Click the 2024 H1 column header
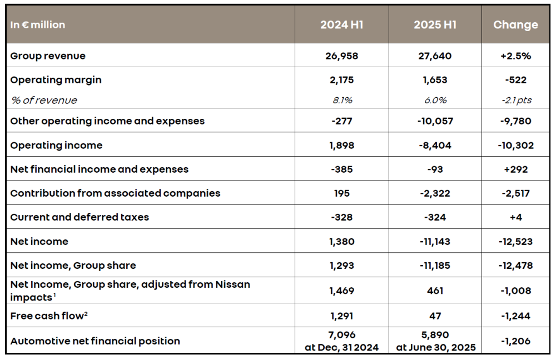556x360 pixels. click(341, 25)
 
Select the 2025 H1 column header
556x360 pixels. click(435, 25)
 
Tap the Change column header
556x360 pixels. click(515, 25)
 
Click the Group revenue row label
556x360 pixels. click(48, 56)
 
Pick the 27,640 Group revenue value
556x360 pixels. click(435, 56)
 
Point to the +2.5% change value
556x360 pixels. click(515, 56)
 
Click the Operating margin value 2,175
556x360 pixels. click(341, 80)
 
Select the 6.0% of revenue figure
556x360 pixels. click(435, 101)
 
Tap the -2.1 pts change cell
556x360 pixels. click(515, 101)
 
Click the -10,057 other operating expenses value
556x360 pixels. click(435, 121)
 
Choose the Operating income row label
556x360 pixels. click(56, 146)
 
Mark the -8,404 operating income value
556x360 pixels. click(435, 146)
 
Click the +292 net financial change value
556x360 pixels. click(515, 169)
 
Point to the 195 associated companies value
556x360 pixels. click(341, 193)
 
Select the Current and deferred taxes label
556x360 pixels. click(80, 217)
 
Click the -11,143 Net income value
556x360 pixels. click(435, 242)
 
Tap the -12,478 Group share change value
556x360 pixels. click(515, 266)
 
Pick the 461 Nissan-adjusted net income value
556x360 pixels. click(435, 291)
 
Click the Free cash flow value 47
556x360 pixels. click(435, 316)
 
